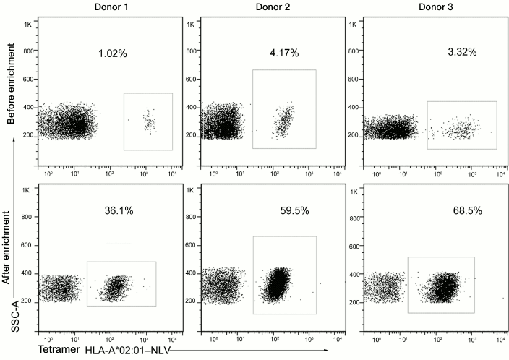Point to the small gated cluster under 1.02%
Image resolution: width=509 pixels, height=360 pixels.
tap(149, 121)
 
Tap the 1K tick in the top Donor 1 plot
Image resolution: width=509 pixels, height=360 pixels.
tap(28, 25)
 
